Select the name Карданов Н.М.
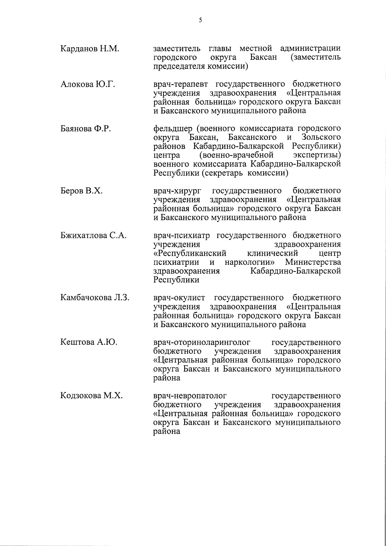tap(90, 49)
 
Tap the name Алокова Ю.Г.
tap(88, 85)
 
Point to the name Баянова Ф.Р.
tap(86, 129)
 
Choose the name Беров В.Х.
tap(81, 191)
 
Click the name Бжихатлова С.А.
tap(93, 235)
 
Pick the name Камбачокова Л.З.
tap(95, 298)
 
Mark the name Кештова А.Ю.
tap(89, 342)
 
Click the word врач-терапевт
tap(181, 84)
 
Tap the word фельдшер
tap(172, 129)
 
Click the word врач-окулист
tap(180, 298)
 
